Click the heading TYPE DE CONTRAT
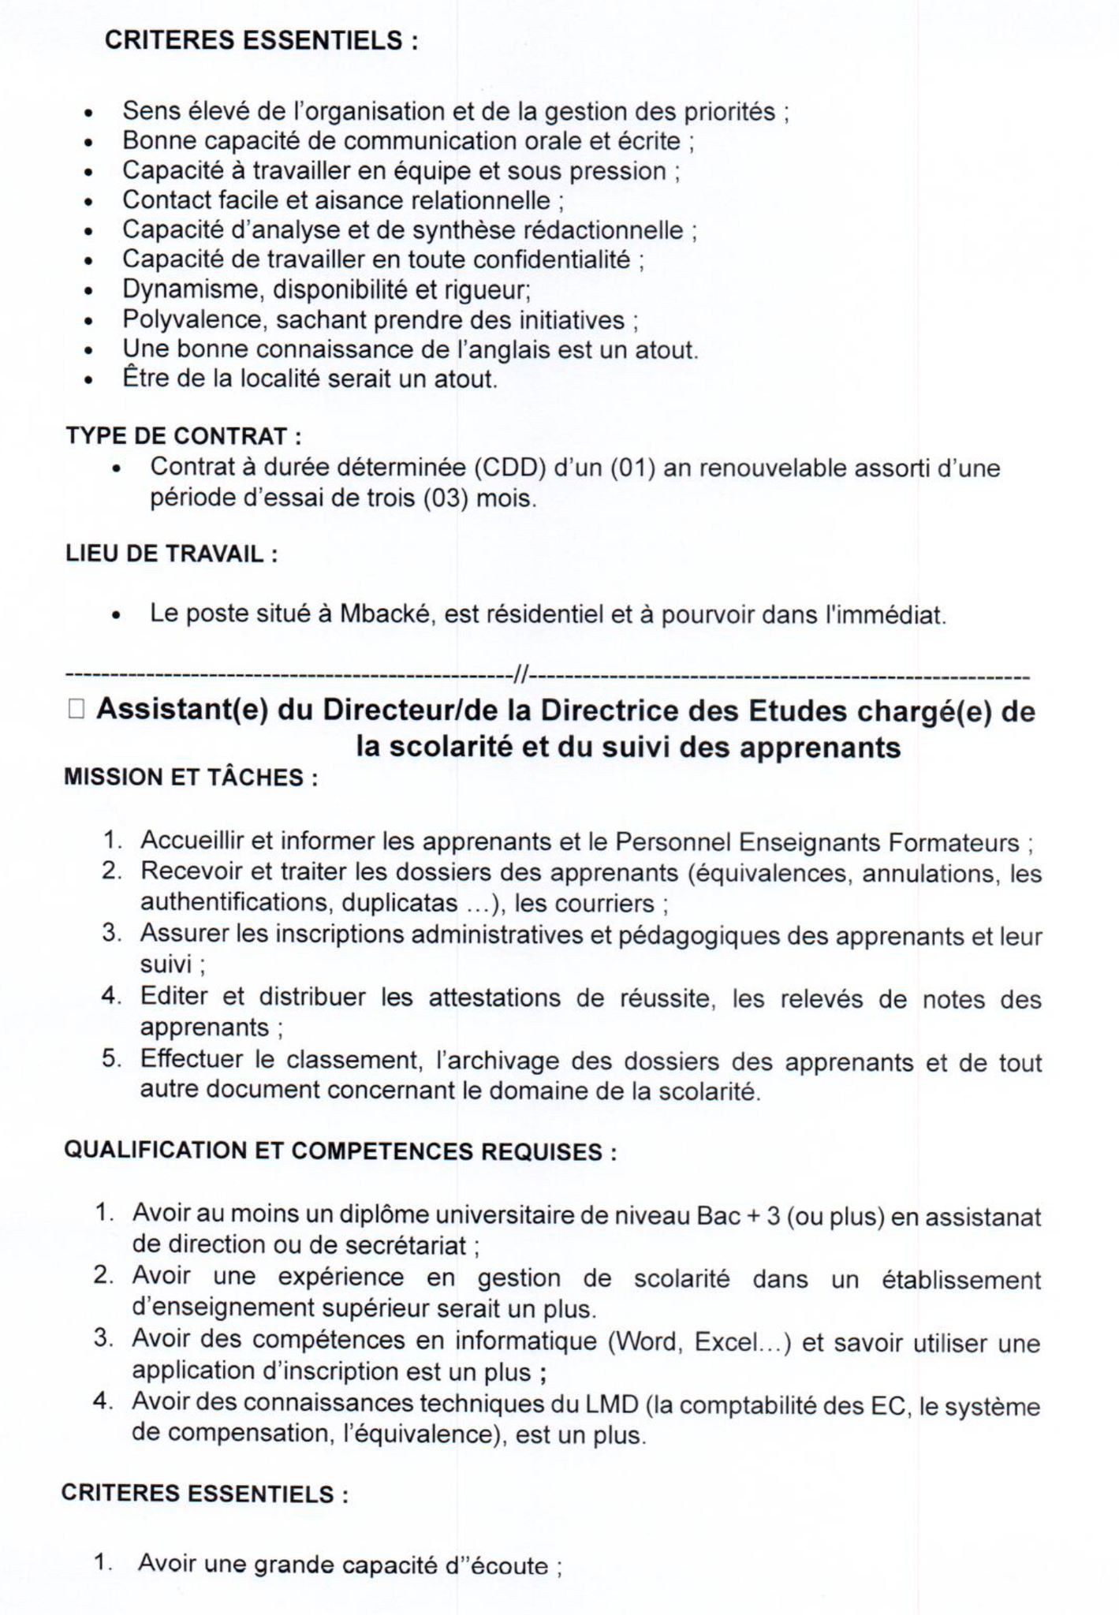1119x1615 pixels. coord(183,436)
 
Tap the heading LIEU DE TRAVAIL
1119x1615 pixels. coord(171,554)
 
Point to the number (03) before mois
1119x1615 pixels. coord(446,499)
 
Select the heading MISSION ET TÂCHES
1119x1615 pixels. coord(190,778)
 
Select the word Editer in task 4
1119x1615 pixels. coord(173,998)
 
